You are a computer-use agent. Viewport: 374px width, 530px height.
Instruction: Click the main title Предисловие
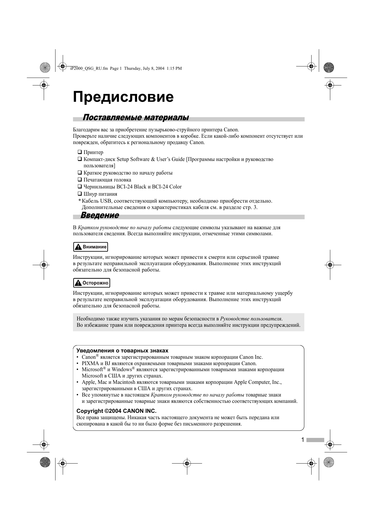123,97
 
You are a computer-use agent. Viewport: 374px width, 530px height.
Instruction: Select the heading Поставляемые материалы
136,117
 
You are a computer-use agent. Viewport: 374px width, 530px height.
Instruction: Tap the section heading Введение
100,215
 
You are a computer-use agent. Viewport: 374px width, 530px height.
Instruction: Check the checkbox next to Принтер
80,152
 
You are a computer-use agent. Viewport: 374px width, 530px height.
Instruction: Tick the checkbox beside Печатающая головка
80,180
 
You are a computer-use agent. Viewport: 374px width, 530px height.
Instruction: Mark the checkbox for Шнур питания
80,194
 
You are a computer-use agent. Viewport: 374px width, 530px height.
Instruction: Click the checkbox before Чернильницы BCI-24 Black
80,187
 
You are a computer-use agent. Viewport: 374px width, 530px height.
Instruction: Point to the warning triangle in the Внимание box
78,247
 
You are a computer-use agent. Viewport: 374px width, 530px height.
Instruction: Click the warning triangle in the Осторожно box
78,283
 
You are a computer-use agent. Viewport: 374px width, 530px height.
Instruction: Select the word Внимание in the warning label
94,247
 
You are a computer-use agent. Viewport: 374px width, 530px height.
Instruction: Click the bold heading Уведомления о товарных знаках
122,351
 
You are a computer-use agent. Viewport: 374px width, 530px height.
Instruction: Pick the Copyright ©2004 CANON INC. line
116,411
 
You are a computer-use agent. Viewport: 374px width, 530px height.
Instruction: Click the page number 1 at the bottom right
302,440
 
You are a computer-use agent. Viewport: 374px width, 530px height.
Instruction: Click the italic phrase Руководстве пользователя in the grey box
251,319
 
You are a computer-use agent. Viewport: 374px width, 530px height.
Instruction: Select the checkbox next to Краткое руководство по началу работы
80,173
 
